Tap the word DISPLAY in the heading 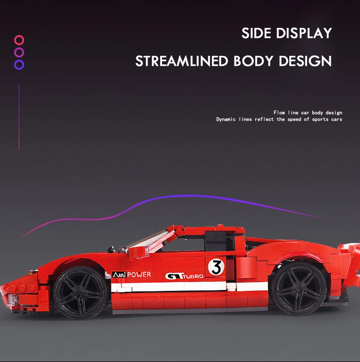click(x=304, y=33)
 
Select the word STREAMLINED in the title click(x=182, y=61)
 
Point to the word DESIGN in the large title click(x=306, y=61)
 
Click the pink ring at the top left click(x=19, y=40)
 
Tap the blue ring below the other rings click(x=19, y=64)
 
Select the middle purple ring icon click(x=19, y=52)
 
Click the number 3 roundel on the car click(x=216, y=267)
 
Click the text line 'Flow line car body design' click(x=308, y=113)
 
